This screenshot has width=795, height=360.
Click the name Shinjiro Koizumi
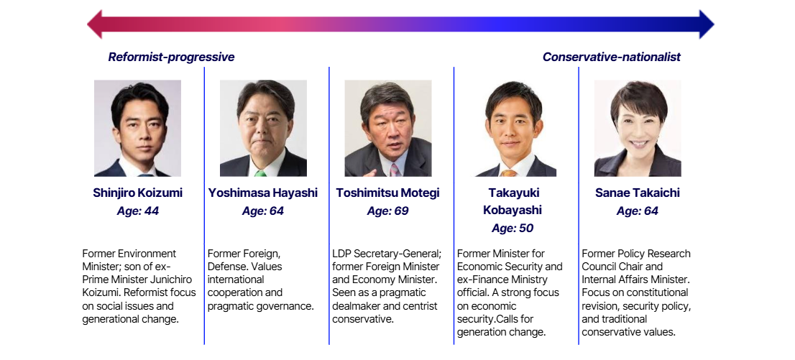(137, 193)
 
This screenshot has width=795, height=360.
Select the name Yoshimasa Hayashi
(262, 193)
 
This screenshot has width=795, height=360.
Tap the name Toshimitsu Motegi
(387, 193)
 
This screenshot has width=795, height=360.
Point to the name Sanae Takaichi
(638, 193)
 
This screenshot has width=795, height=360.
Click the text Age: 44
(137, 211)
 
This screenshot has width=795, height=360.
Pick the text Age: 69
(387, 211)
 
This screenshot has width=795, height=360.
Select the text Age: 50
(512, 229)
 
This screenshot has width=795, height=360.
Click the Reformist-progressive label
(171, 57)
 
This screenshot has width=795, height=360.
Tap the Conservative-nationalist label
(612, 57)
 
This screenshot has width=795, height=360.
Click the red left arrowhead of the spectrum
(95, 24)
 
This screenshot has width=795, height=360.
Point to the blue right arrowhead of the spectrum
(707, 24)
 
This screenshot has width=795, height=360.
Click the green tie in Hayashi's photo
(260, 173)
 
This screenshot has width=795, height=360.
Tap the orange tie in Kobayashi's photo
(508, 173)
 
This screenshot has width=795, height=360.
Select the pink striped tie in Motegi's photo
(394, 170)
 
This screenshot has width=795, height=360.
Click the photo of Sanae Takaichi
(638, 129)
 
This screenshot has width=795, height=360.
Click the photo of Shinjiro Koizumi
(137, 129)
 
